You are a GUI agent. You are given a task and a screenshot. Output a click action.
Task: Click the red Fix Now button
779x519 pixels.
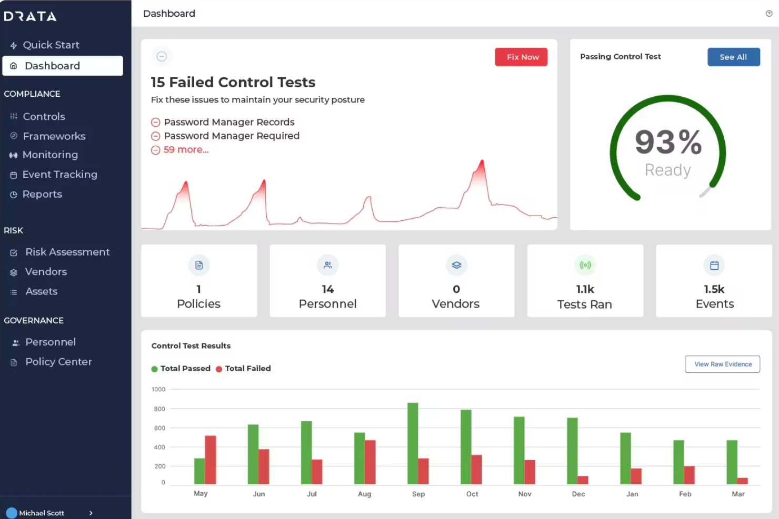point(521,57)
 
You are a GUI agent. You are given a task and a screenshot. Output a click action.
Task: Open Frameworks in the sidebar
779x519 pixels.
point(54,136)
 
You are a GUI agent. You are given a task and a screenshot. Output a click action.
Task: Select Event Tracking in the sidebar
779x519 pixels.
point(59,175)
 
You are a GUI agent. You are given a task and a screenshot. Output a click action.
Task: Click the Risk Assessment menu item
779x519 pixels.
point(67,252)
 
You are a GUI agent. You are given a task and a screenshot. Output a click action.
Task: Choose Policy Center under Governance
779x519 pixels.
point(58,362)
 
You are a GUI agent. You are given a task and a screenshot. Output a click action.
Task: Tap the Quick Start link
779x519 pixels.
point(51,45)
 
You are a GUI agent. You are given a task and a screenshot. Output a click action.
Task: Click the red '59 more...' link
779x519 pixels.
point(186,150)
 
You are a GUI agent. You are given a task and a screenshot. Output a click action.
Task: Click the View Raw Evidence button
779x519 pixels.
point(722,364)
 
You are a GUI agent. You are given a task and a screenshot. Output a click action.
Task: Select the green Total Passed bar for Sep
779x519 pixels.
point(413,443)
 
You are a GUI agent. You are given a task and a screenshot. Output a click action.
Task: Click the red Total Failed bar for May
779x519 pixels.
point(211,460)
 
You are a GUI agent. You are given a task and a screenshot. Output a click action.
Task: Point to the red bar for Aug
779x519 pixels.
point(370,462)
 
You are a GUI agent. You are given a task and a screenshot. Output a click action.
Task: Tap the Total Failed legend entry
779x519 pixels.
point(247,369)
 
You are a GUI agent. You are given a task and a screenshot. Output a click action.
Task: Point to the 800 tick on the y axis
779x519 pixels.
point(159,409)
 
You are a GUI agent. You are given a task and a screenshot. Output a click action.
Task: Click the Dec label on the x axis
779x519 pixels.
point(578,494)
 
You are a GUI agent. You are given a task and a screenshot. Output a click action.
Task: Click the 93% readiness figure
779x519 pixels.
point(667,143)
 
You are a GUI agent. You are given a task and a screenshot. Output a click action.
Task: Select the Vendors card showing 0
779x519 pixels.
point(456,281)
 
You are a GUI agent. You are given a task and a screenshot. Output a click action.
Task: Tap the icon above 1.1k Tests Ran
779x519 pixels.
point(585,266)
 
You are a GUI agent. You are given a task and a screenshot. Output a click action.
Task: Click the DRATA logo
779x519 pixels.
point(31,16)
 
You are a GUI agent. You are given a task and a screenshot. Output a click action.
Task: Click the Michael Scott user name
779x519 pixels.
point(42,513)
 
